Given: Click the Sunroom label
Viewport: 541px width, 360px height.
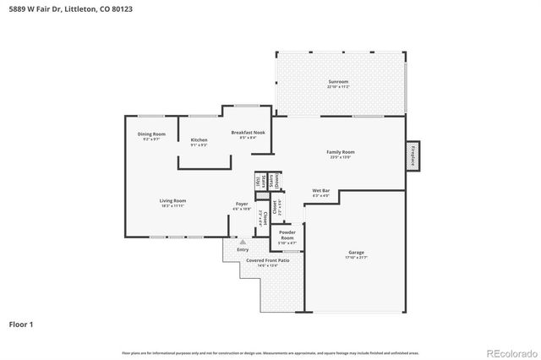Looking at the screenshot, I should (338, 81).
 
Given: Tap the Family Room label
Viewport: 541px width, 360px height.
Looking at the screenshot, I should (341, 152).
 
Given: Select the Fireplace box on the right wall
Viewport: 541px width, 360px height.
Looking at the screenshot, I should (413, 156).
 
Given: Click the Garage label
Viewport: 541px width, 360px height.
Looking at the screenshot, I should (356, 252).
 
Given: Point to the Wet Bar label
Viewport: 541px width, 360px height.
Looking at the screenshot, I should (320, 190).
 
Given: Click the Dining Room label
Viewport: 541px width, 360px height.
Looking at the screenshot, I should (151, 134).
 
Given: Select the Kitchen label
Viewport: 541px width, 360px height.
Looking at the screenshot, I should (199, 139).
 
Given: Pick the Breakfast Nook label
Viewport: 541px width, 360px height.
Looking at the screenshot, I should (248, 133).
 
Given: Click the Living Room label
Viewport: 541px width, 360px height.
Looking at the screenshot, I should (172, 200).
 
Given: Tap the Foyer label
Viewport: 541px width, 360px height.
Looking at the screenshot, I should (242, 204).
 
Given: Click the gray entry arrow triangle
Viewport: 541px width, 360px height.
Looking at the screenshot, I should (243, 242).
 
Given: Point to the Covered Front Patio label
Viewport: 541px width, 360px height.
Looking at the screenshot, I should (267, 260).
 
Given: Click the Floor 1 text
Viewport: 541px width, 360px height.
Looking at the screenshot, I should (21, 324).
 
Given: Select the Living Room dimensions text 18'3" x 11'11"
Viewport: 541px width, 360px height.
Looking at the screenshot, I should (172, 205).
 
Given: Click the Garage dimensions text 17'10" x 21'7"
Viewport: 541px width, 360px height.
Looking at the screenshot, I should (356, 257).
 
